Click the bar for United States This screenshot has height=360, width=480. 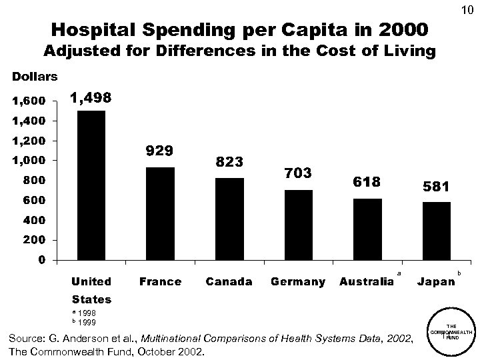[x=91, y=185]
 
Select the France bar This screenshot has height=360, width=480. [x=160, y=213]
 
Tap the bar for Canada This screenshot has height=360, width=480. [x=229, y=219]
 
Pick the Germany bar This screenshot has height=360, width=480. [x=298, y=225]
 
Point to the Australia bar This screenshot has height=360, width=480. [x=367, y=229]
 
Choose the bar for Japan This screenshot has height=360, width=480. [x=436, y=231]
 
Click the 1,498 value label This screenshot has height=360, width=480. [x=91, y=98]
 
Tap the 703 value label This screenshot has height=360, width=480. [x=298, y=174]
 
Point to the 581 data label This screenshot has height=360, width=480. [x=436, y=187]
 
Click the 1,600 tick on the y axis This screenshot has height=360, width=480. [x=27, y=101]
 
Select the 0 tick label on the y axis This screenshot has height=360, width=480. [x=42, y=260]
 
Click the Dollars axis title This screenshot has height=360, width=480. [x=33, y=77]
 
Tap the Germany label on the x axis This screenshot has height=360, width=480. [x=298, y=282]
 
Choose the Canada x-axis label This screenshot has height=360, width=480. [x=229, y=282]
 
